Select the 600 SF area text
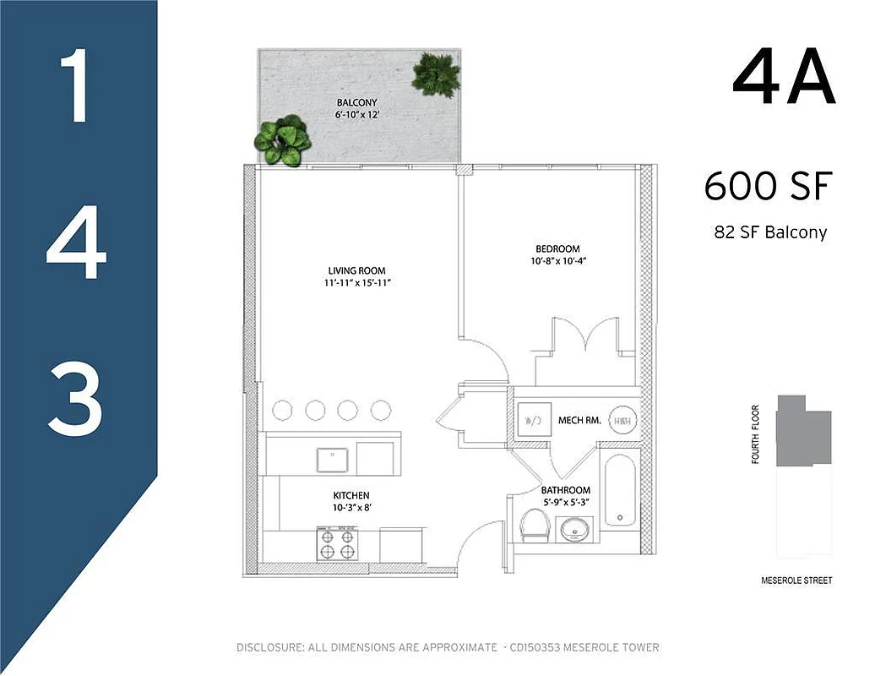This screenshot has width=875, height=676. [x=768, y=186]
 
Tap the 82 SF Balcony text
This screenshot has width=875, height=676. [x=769, y=232]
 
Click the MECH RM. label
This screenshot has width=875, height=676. [x=579, y=420]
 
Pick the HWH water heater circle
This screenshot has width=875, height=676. [x=622, y=421]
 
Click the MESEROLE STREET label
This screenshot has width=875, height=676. [x=796, y=581]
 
